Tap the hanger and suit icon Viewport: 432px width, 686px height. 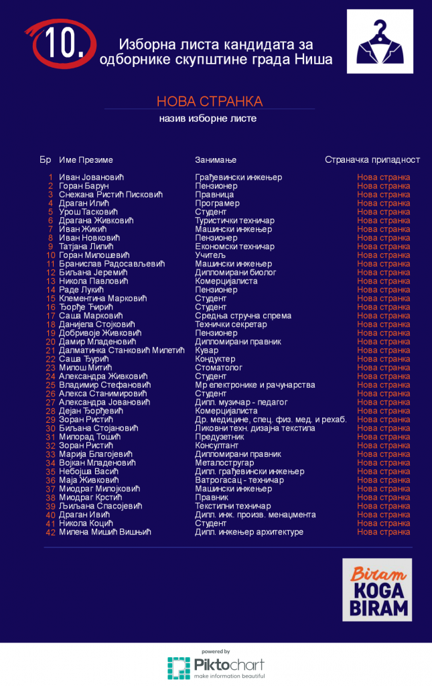coord(380,42)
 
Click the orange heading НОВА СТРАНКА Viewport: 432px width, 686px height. coord(210,101)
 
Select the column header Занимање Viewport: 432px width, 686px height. coord(216,160)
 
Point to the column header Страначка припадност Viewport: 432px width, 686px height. coord(372,160)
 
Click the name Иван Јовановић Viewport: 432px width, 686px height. coord(92,178)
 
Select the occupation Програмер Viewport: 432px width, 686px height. coord(217,204)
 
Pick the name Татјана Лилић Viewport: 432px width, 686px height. coord(89,247)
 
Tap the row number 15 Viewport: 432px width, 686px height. coord(51,299)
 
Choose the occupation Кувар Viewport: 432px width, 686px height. coord(206,350)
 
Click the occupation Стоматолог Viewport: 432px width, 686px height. coord(218,368)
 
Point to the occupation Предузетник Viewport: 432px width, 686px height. coord(219,437)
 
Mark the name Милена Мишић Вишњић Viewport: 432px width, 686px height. coord(105,532)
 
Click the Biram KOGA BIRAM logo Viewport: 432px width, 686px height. coord(377,590)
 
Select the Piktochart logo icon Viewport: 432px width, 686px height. coord(179,668)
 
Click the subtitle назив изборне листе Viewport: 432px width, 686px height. coord(208,119)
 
